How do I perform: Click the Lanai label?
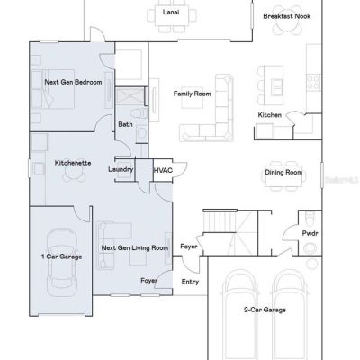171,13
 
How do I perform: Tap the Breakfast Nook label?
287,16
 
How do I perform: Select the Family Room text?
192,94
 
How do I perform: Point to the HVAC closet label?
163,170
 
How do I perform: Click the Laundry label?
121,170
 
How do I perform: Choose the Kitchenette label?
73,163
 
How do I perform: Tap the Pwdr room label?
310,233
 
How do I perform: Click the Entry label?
190,282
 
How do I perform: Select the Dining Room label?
283,173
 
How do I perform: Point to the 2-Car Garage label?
265,310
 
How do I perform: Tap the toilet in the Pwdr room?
310,217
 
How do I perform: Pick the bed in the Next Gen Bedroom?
53,89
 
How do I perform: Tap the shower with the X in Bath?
130,95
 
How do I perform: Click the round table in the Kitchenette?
74,173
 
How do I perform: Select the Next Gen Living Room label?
135,248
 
